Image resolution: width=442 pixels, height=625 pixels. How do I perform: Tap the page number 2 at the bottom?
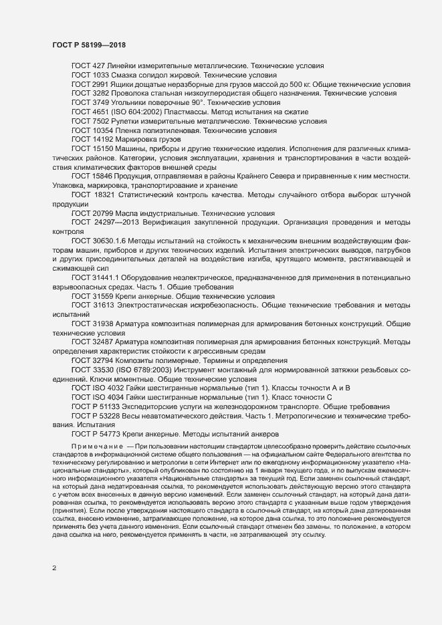pyautogui.click(x=54, y=569)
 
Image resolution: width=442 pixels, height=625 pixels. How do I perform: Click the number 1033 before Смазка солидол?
pyautogui.click(x=104, y=76)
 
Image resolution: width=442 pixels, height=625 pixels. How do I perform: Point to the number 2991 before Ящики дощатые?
pyautogui.click(x=104, y=85)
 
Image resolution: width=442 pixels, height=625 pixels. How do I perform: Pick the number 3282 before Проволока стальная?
pyautogui.click(x=104, y=94)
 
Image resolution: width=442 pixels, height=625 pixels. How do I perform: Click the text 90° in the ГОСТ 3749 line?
pyautogui.click(x=197, y=104)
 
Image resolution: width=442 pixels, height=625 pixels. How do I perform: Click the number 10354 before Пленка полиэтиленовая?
pyautogui.click(x=106, y=132)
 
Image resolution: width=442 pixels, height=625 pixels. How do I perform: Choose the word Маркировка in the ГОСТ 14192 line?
pyautogui.click(x=140, y=141)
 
